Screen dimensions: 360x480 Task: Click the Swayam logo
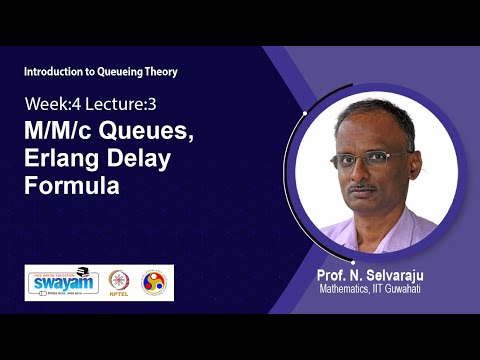63,282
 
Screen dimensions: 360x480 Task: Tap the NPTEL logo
120,282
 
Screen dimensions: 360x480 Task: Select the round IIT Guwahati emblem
154,282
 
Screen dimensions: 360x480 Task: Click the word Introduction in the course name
56,71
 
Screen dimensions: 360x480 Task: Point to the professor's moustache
368,185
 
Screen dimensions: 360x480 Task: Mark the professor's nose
368,172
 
